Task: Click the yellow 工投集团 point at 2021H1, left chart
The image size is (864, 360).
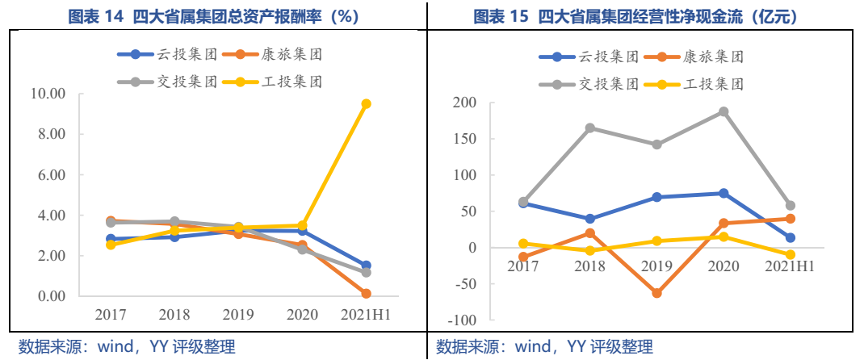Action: tap(366, 104)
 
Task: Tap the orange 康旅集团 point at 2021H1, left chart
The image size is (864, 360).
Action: tap(366, 294)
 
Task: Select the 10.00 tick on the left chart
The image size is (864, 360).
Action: tap(47, 94)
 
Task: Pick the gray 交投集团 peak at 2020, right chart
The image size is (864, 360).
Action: tap(723, 112)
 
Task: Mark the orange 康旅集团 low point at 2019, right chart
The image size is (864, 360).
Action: tap(656, 293)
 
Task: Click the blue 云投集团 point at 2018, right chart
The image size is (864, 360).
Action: tap(590, 219)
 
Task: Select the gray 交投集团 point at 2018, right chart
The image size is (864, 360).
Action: tap(590, 128)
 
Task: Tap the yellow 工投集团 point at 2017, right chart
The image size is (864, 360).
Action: tap(523, 243)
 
